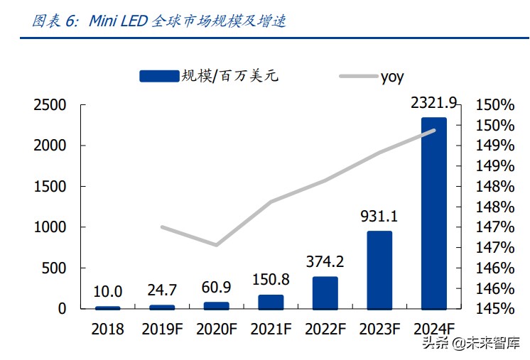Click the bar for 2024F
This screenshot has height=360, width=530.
(x=434, y=213)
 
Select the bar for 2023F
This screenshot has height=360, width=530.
(x=379, y=270)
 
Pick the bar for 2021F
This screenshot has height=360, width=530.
(x=271, y=302)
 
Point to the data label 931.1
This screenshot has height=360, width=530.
(x=379, y=216)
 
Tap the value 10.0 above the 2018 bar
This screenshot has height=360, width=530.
(x=107, y=292)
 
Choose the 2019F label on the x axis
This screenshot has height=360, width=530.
(x=162, y=329)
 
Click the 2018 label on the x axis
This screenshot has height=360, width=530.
(x=107, y=329)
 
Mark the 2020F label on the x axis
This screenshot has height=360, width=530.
(x=216, y=329)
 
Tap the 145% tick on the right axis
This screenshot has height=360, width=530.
(x=494, y=309)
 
